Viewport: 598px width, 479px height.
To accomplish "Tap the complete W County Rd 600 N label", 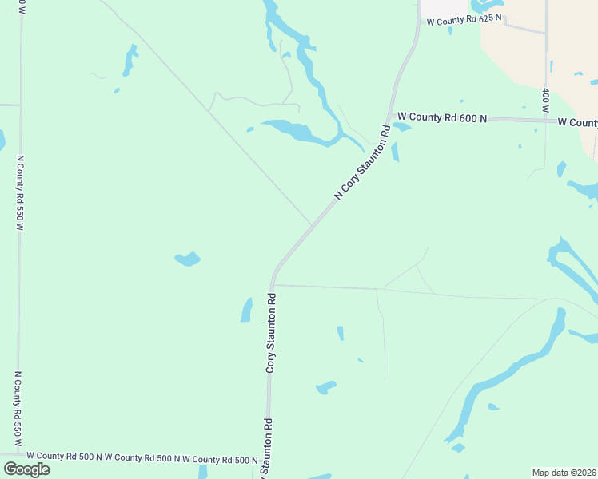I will pos(442,117).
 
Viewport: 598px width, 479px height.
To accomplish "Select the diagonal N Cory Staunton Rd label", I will pos(361,162).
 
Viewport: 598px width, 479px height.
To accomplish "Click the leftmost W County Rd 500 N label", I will pos(64,457).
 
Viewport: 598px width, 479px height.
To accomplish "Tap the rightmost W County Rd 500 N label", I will pos(220,460).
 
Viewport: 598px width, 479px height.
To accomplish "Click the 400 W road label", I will pos(545,101).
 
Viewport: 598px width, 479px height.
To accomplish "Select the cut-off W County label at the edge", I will pos(577,122).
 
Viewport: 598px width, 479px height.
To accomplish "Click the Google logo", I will pos(26,469).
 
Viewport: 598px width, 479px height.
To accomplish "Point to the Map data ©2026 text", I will pos(564,473).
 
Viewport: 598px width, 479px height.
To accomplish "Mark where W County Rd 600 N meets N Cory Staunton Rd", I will pos(389,117).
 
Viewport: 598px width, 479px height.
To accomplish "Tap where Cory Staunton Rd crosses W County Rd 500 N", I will pos(266,460).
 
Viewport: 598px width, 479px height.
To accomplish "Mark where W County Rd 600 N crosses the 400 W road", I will pos(546,120).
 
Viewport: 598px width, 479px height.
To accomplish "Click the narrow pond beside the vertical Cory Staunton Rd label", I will pos(247,310).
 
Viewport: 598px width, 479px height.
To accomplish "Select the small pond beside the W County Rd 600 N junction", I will pos(401,127).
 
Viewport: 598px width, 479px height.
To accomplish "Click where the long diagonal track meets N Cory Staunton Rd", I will pos(311,224).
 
